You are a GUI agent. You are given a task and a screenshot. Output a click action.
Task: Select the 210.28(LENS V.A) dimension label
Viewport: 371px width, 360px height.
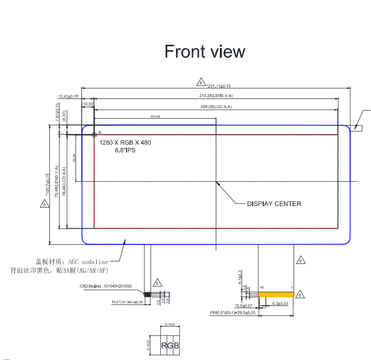(216, 96)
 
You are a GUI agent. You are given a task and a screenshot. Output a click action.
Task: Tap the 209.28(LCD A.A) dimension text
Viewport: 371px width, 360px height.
(216, 107)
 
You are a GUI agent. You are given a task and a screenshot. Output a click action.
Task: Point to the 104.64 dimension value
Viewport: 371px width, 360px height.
(155, 117)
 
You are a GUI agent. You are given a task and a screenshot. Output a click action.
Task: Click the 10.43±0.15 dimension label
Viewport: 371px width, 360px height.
(68, 97)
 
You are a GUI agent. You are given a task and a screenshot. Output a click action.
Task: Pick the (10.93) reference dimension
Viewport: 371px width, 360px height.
(88, 104)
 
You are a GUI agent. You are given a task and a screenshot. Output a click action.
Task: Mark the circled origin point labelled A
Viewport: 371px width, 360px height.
(94, 135)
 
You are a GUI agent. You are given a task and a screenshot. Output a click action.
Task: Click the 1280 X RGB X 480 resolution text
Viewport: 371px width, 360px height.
(129, 143)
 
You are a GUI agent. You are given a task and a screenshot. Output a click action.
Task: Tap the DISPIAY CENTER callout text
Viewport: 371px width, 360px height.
(274, 204)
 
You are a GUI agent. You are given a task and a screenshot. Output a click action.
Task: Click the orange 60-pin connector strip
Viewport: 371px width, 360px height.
(276, 293)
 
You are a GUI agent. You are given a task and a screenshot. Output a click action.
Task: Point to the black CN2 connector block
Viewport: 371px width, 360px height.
(148, 294)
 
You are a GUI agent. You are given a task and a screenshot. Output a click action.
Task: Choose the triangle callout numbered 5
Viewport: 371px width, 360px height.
(157, 283)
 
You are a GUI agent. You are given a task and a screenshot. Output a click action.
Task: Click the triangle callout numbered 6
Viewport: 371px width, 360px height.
(301, 261)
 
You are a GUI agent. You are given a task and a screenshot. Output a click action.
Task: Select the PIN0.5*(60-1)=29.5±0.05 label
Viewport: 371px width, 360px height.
(232, 312)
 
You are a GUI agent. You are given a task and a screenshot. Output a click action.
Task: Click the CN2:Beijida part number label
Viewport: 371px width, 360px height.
(105, 286)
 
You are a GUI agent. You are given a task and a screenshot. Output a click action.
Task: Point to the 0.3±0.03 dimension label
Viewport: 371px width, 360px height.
(280, 304)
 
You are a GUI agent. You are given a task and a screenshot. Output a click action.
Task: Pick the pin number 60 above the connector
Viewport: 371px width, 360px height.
(262, 287)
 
